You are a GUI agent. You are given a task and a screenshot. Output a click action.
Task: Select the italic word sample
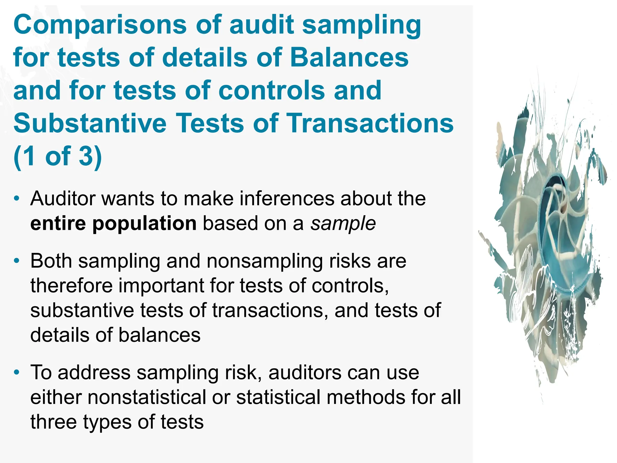tap(343, 223)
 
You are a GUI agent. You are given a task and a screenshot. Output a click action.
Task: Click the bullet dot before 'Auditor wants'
tap(17, 199)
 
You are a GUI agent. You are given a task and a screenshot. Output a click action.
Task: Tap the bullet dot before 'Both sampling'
tap(17, 261)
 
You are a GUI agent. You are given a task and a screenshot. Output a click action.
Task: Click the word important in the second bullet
tap(161, 285)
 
